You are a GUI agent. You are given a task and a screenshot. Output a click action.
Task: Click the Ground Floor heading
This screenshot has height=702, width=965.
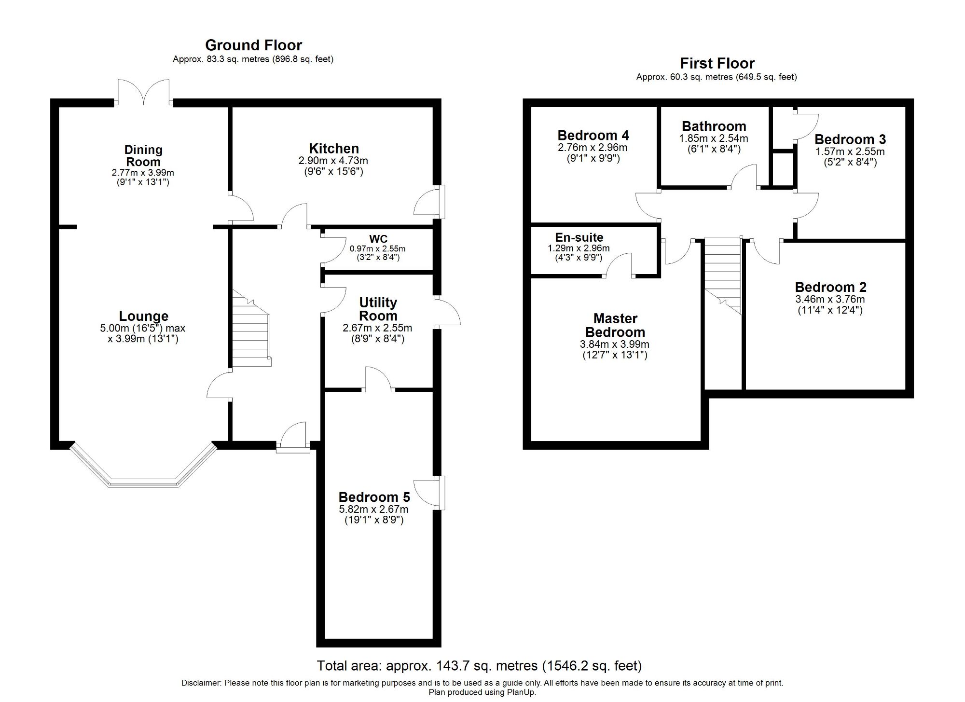(x=253, y=45)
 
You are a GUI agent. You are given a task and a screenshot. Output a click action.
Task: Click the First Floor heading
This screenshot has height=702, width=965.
(x=717, y=63)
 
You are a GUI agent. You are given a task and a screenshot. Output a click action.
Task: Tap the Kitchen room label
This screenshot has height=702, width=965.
(x=334, y=149)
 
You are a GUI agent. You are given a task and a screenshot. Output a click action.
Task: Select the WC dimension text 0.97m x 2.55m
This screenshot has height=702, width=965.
(x=377, y=249)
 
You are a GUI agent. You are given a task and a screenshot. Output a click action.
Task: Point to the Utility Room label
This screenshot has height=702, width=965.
(x=378, y=309)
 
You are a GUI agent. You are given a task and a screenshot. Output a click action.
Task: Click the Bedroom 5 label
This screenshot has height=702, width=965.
(x=374, y=497)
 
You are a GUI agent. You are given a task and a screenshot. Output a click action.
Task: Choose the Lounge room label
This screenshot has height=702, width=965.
(x=143, y=316)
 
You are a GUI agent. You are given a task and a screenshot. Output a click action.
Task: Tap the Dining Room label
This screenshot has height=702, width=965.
(x=143, y=156)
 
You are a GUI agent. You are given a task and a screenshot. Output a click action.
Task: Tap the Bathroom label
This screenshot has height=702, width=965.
(x=714, y=126)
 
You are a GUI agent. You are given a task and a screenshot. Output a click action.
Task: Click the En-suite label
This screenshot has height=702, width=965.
(x=579, y=237)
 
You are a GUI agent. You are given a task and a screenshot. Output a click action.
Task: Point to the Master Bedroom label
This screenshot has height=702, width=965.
(x=615, y=325)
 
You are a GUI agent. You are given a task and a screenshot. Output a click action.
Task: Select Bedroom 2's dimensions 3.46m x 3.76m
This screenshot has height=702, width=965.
(x=830, y=299)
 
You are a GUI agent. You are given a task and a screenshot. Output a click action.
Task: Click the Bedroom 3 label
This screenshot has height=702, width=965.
(x=850, y=139)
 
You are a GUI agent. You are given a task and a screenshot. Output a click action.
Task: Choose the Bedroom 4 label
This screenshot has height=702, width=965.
(x=593, y=135)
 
